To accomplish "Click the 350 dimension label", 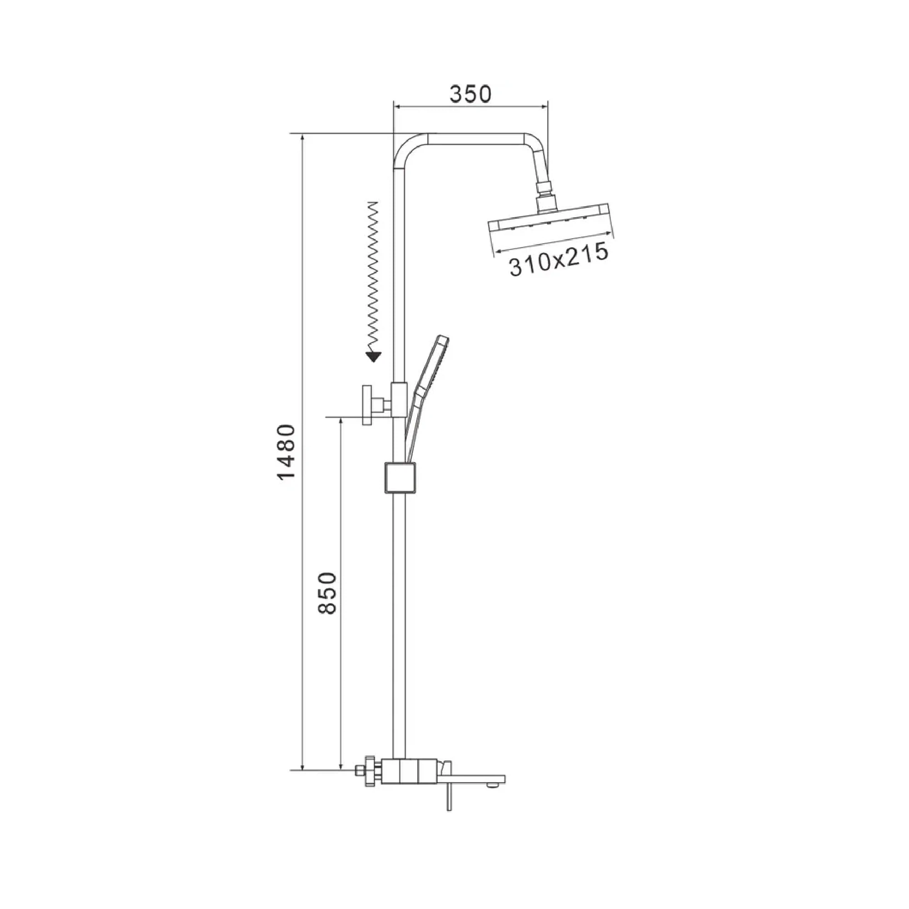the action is click(470, 94).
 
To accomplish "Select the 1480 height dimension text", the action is click(286, 452).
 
